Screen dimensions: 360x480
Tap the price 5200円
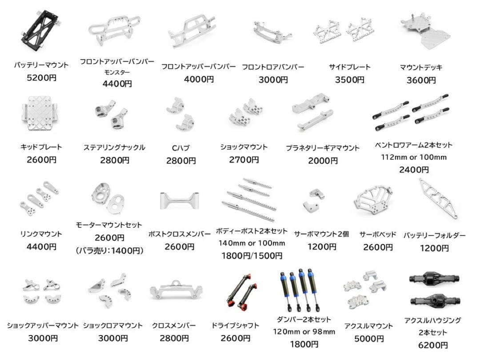41,78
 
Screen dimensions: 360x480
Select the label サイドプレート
349,67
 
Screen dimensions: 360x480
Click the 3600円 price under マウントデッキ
421,80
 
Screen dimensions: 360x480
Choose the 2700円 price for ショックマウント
244,160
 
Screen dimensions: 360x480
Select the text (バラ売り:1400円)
109,251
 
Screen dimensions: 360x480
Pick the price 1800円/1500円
252,256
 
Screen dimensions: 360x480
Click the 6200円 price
432,345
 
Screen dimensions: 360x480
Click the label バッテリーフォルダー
434,235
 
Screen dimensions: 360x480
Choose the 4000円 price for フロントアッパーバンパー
199,79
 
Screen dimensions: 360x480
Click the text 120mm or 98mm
304,332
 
